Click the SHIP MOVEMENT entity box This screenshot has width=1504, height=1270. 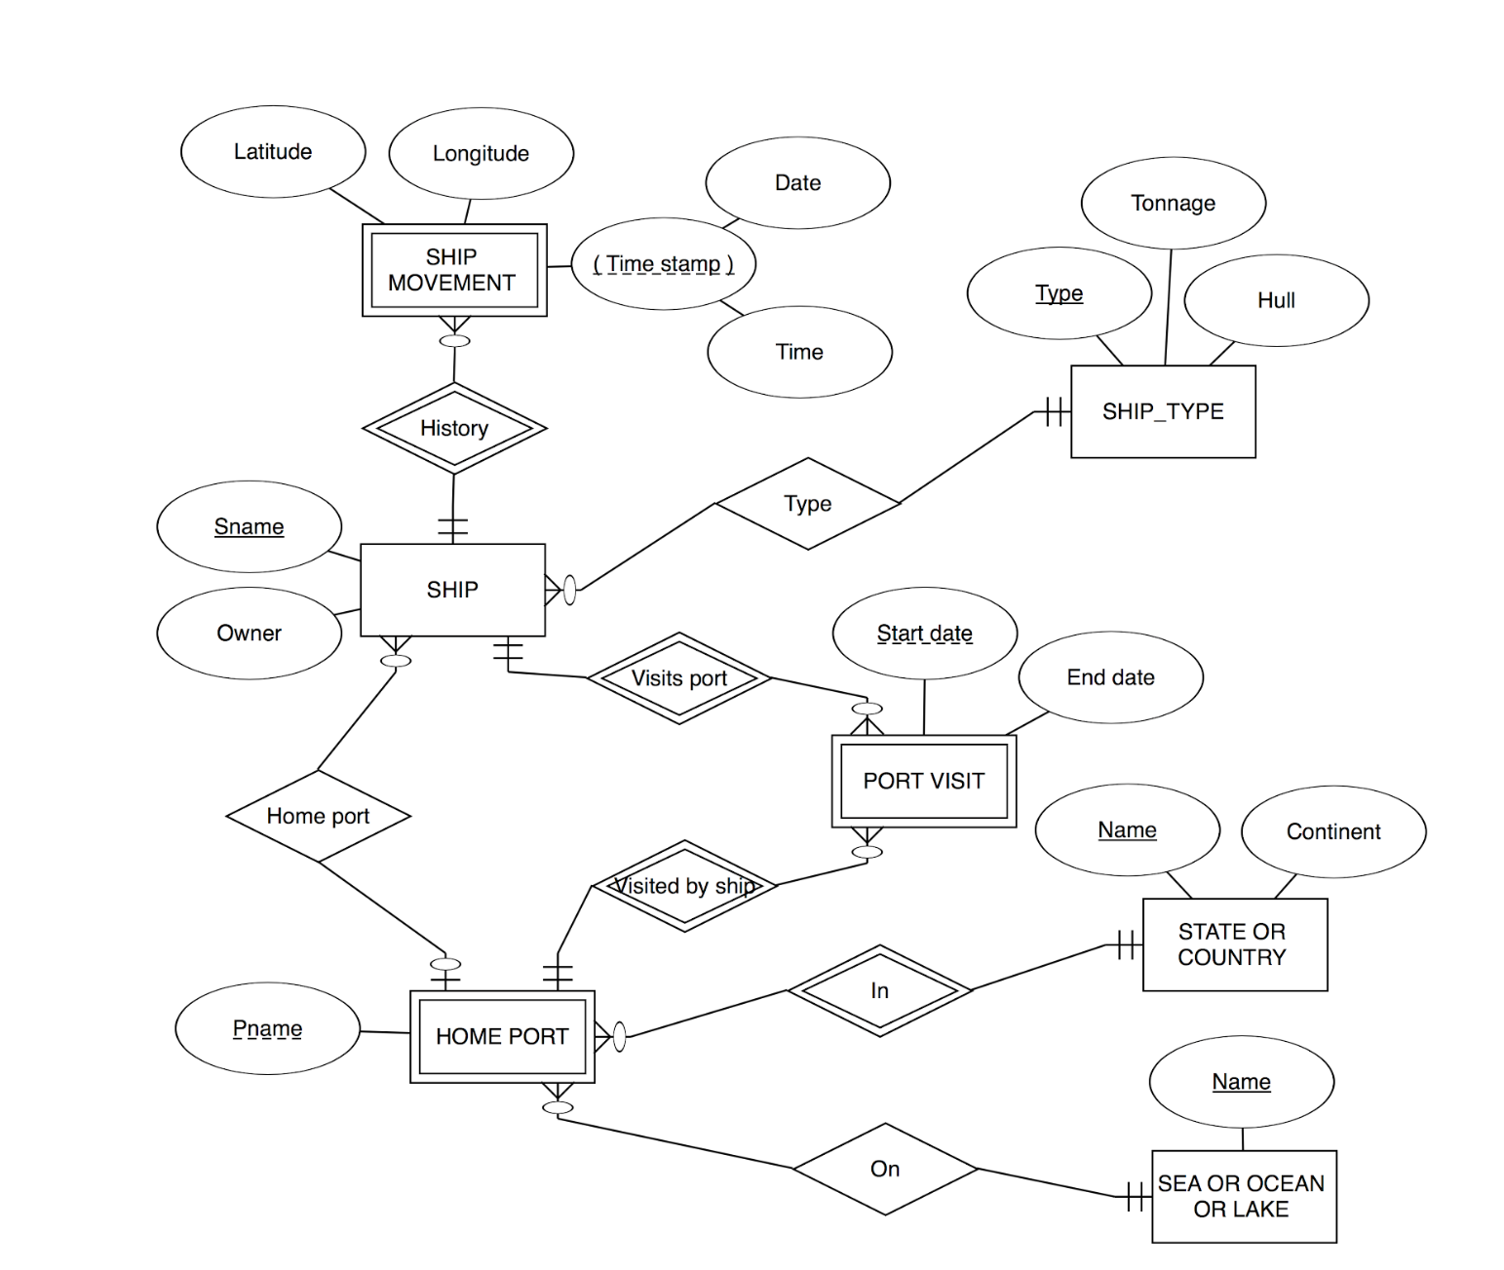(453, 270)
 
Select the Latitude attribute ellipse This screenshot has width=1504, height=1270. (273, 152)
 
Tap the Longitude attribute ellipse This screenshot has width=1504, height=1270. (481, 154)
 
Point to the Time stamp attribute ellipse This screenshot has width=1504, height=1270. (663, 264)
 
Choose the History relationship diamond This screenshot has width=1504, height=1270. (454, 428)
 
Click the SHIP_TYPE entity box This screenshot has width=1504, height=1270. (1163, 411)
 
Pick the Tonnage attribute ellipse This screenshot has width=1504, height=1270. (1173, 203)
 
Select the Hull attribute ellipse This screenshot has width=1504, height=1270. (1276, 300)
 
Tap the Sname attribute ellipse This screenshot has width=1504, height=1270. (250, 526)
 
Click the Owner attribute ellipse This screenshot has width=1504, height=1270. (250, 634)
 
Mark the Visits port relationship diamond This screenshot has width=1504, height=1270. (679, 678)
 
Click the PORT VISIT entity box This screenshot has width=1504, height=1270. (923, 781)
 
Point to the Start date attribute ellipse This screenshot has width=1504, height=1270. (924, 634)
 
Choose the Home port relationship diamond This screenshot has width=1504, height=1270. (318, 816)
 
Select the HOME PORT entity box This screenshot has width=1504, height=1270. (502, 1036)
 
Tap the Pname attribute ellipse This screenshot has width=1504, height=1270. (267, 1028)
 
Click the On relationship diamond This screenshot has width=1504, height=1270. (885, 1169)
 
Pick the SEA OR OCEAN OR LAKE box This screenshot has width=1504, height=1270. (1243, 1196)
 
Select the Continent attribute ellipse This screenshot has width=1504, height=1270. (1332, 831)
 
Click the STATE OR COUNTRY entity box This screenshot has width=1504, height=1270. (1234, 944)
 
